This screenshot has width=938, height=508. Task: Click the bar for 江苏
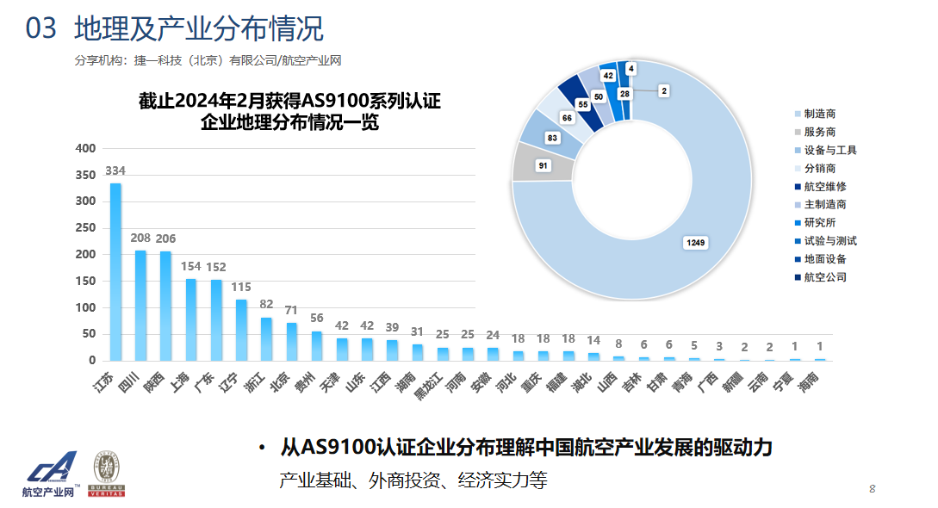[x=115, y=272]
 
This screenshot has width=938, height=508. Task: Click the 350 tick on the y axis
[x=85, y=175]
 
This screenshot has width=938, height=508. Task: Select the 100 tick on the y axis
[x=85, y=307]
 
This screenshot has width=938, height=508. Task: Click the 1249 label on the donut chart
[x=695, y=243]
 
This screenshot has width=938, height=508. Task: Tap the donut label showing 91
[x=544, y=164]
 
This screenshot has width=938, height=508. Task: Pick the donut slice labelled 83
[x=552, y=138]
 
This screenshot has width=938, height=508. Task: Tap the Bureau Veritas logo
[x=108, y=474]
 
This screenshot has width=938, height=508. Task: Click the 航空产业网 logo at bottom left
[x=51, y=474]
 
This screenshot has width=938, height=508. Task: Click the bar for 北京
[x=291, y=342]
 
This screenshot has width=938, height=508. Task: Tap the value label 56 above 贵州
[x=316, y=317]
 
